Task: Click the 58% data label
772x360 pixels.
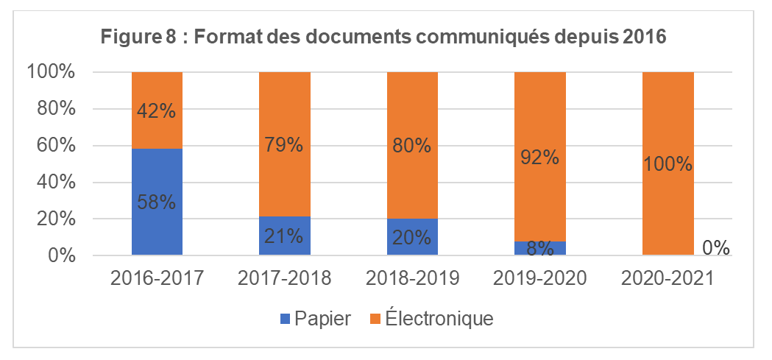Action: click(157, 201)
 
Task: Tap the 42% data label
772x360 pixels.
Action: click(157, 110)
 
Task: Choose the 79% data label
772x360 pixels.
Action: click(284, 145)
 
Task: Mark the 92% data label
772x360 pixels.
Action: click(539, 157)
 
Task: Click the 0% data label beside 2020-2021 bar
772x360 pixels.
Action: click(715, 248)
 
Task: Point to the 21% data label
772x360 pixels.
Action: click(284, 236)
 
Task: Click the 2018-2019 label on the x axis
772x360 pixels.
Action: click(412, 279)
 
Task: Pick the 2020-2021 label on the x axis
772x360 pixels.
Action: click(667, 279)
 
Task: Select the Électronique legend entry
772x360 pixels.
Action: click(431, 319)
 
